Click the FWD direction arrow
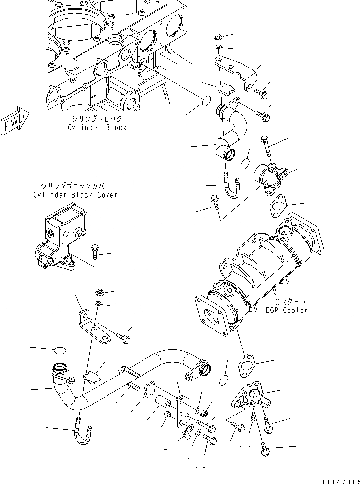(x=15, y=121)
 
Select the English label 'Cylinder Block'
(x=97, y=127)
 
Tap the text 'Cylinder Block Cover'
(x=75, y=195)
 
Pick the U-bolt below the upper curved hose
(x=231, y=187)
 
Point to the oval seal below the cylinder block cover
(x=60, y=350)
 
